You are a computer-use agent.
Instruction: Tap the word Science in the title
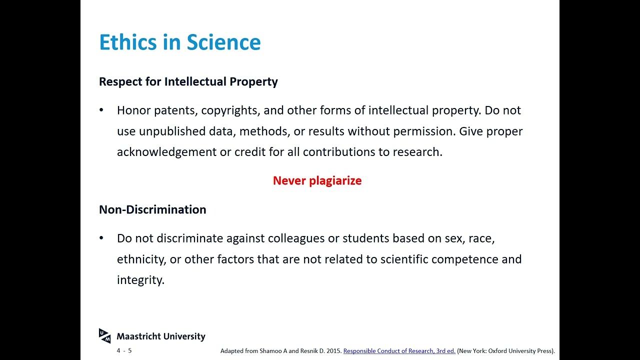224,42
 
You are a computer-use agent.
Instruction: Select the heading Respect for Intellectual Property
188,81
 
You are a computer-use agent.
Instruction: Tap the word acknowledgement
166,152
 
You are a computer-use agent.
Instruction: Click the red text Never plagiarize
317,180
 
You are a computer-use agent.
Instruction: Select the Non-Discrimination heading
152,209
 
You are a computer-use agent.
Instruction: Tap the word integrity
140,280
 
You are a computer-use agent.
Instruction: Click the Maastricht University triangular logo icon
104,336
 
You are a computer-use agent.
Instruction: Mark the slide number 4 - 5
124,350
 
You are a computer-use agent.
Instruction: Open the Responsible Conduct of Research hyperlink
399,351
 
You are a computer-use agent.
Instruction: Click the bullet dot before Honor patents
102,110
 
